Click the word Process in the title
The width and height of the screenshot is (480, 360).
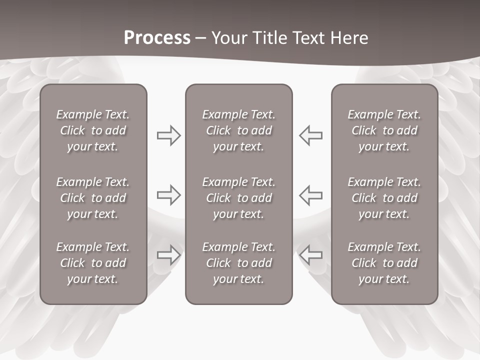[x=157, y=38]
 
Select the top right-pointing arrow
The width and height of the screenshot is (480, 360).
[x=168, y=135]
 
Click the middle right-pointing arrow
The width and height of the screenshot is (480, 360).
[x=168, y=195]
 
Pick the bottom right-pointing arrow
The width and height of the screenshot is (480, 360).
[x=168, y=255]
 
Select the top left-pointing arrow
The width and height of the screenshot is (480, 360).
[x=311, y=135]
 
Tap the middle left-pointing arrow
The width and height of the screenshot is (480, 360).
[x=311, y=195]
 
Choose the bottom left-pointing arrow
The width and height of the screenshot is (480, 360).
[x=311, y=255]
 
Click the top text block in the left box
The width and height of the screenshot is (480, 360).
[x=93, y=130]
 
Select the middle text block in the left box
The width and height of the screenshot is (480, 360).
[x=93, y=198]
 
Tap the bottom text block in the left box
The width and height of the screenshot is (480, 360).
[x=93, y=263]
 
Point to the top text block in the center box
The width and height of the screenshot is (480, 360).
[x=238, y=130]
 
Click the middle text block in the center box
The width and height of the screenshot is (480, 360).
[x=238, y=198]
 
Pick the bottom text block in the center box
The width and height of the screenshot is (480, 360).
[x=238, y=263]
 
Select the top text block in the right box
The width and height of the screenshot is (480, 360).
[x=384, y=130]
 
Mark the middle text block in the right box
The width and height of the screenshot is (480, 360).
[x=384, y=198]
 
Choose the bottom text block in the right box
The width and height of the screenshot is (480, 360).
[x=384, y=263]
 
